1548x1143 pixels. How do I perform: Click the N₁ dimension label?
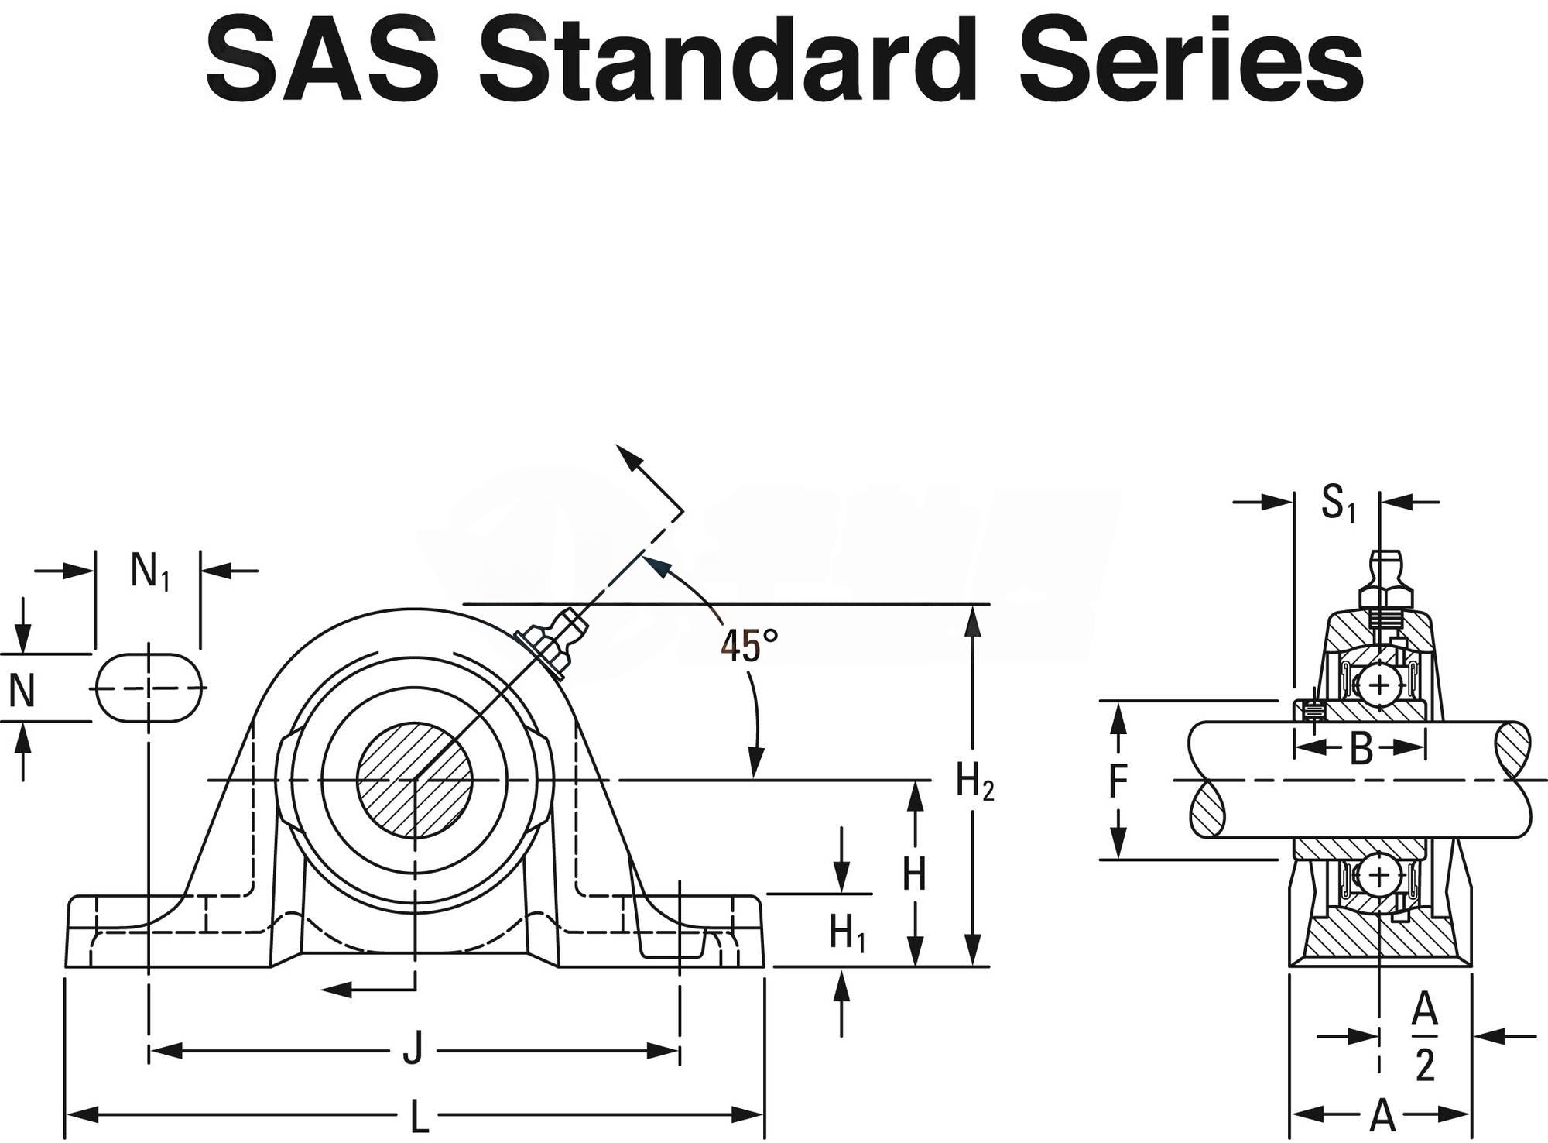[149, 573]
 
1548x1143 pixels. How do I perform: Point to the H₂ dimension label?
[974, 781]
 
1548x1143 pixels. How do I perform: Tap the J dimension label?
[413, 1051]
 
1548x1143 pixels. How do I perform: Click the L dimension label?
[418, 1116]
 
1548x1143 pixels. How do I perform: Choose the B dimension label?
[1361, 749]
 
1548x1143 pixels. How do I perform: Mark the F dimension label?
[1117, 781]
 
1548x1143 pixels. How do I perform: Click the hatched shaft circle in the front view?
[415, 780]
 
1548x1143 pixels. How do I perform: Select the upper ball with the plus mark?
[1380, 685]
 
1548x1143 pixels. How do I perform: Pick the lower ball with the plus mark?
[1380, 874]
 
